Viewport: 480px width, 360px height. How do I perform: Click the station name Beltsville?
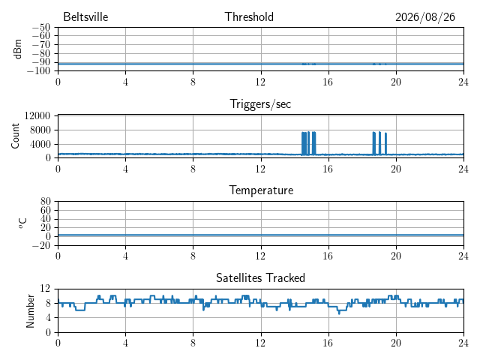[x=85, y=16]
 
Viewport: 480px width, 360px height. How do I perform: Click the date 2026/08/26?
[x=425, y=17]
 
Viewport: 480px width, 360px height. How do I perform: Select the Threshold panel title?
[x=249, y=16]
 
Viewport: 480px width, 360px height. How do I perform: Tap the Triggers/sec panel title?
[x=260, y=104]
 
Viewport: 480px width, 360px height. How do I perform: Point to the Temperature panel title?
[x=261, y=190]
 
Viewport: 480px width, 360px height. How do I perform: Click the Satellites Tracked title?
[x=260, y=277]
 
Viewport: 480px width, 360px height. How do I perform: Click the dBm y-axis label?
[x=18, y=49]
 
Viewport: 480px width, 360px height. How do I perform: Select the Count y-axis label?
[x=15, y=136]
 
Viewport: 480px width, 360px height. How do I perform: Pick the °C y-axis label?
[x=22, y=223]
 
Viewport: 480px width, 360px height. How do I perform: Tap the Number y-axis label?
[x=30, y=311]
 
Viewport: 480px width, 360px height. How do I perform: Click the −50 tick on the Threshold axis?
[x=40, y=28]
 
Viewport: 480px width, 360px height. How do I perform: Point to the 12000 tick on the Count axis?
[x=37, y=115]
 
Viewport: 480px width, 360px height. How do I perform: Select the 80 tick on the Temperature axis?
[x=45, y=202]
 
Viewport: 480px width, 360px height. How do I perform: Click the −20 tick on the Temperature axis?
[x=40, y=245]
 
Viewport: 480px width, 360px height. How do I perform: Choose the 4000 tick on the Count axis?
[x=40, y=144]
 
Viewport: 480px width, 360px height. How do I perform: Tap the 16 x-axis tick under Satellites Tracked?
[x=328, y=343]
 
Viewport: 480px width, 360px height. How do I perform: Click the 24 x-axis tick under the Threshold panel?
[x=463, y=82]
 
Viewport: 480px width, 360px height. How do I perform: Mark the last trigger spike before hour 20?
[x=385, y=143]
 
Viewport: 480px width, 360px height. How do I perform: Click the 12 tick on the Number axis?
[x=45, y=288]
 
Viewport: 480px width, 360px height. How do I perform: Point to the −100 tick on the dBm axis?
[x=38, y=71]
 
